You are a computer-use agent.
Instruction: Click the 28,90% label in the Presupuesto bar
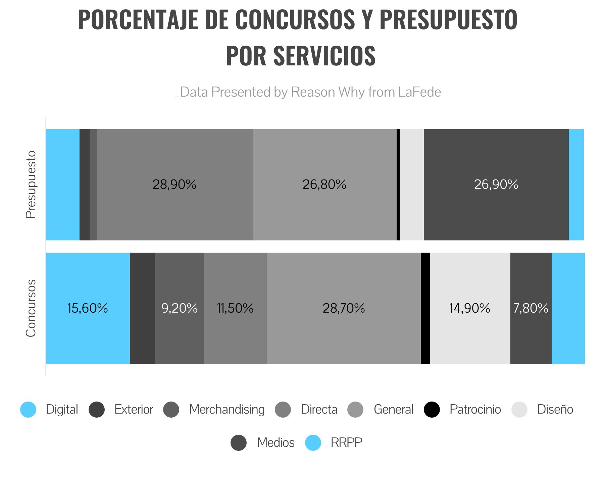pyautogui.click(x=174, y=184)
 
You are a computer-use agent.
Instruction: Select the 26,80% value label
pyautogui.click(x=324, y=184)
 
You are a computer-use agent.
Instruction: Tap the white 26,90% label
pyautogui.click(x=496, y=184)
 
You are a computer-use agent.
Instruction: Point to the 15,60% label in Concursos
pyautogui.click(x=88, y=308)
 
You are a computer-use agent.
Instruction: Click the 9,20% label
pyautogui.click(x=180, y=308)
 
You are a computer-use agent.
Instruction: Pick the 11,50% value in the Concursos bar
pyautogui.click(x=235, y=308)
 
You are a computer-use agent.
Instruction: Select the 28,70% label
pyautogui.click(x=344, y=308)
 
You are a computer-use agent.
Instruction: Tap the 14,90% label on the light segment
pyautogui.click(x=469, y=308)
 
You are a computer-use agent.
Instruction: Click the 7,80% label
pyautogui.click(x=531, y=308)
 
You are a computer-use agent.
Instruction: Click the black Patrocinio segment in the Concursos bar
pyautogui.click(x=425, y=308)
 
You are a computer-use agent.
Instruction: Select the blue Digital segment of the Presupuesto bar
pyautogui.click(x=63, y=184)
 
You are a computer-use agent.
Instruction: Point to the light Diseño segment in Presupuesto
pyautogui.click(x=412, y=184)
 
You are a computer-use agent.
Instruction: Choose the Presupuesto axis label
pyautogui.click(x=31, y=184)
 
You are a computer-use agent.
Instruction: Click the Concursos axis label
pyautogui.click(x=31, y=308)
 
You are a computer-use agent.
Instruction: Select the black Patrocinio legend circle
pyautogui.click(x=432, y=410)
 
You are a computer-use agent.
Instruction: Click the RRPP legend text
pyautogui.click(x=346, y=443)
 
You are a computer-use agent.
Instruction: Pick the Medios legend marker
pyautogui.click(x=239, y=443)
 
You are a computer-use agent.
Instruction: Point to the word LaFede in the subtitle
pyautogui.click(x=419, y=92)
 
